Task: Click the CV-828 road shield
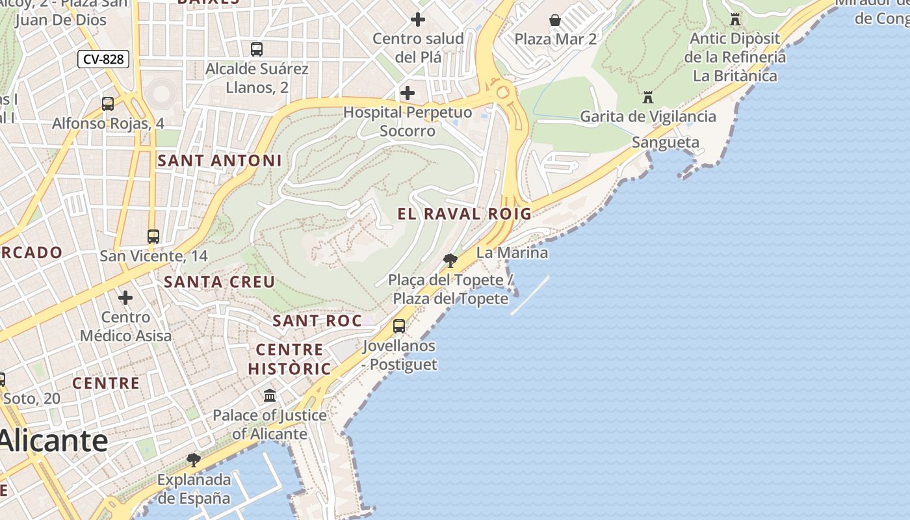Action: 104,59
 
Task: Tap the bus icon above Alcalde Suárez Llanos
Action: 257,49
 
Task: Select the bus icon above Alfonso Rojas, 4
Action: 108,103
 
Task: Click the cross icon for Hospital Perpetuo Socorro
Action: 408,93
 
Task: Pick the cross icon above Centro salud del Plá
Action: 418,19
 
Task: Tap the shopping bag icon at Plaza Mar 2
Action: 555,20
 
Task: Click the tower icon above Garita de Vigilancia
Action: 648,97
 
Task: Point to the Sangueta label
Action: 666,142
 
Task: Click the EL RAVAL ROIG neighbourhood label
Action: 464,214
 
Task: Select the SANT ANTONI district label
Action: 220,161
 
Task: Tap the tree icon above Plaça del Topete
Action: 450,261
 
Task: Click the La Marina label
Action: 512,252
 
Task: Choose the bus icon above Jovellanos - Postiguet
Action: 399,326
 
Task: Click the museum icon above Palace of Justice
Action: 270,395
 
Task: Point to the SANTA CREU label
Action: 220,282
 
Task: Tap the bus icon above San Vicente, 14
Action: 153,237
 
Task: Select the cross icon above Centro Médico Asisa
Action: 125,298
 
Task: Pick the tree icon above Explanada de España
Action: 194,460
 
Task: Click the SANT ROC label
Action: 317,320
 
